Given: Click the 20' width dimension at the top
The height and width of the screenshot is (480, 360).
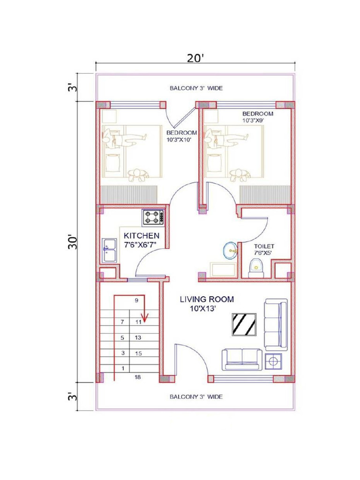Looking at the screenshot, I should (x=195, y=58).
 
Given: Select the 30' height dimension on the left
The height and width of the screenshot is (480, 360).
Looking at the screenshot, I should (x=72, y=242).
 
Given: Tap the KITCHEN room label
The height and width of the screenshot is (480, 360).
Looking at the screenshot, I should (x=141, y=235).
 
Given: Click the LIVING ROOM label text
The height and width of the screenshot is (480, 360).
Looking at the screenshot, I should (x=207, y=299).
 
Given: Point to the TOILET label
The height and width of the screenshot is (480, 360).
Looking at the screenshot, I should (x=263, y=246).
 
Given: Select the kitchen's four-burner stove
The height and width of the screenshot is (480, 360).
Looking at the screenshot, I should (x=154, y=217).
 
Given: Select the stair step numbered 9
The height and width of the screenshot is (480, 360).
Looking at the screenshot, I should (x=136, y=301).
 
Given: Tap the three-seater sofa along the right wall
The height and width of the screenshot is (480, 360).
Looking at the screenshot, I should (x=276, y=324).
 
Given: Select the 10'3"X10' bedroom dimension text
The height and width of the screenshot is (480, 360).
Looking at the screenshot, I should (x=179, y=139).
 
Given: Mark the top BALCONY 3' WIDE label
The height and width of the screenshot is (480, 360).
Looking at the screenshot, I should (x=195, y=88).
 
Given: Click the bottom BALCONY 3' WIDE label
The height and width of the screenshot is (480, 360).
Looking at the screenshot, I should (x=195, y=397).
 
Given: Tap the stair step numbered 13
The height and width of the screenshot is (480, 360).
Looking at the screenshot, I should (x=138, y=337).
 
